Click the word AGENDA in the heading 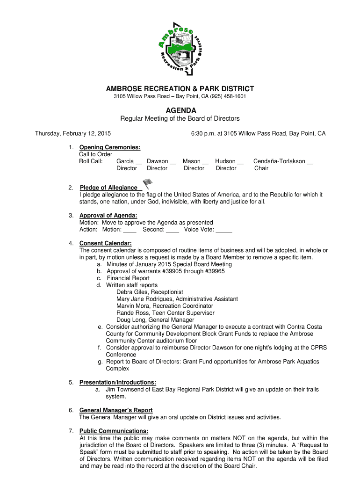[180, 110]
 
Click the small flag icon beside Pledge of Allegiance [147, 183]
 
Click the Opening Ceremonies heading [109, 147]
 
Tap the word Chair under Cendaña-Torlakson [261, 168]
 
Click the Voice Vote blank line [224, 230]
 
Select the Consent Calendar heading [105, 243]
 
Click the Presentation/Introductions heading [117, 382]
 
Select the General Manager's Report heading [115, 410]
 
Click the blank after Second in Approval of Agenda [173, 230]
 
